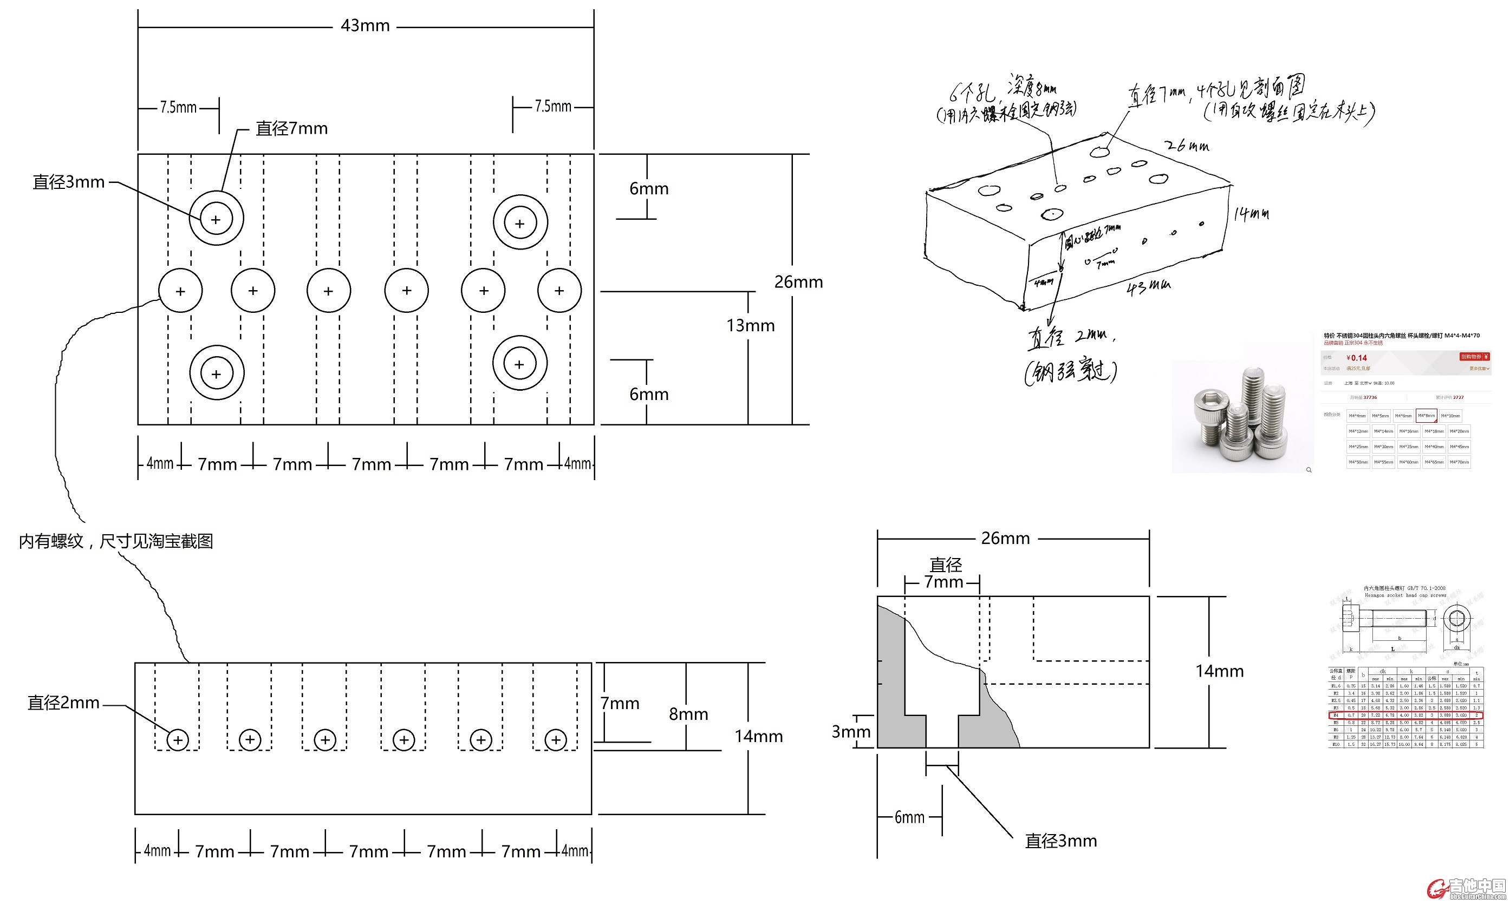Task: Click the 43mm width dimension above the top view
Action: pyautogui.click(x=365, y=26)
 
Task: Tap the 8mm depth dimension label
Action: pyautogui.click(x=688, y=714)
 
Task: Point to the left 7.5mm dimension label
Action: pyautogui.click(x=178, y=108)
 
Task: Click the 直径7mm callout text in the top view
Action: pyautogui.click(x=291, y=129)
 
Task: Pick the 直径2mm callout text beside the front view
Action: pyautogui.click(x=63, y=703)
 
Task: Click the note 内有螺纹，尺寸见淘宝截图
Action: pyautogui.click(x=116, y=541)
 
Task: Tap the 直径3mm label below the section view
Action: pyautogui.click(x=1060, y=842)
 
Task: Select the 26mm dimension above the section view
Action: pyautogui.click(x=1005, y=539)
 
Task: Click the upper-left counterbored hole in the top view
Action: pyautogui.click(x=216, y=219)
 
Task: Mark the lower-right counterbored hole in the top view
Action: pyautogui.click(x=520, y=364)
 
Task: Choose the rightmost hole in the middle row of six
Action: pyautogui.click(x=559, y=290)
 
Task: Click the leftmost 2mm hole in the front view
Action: pyautogui.click(x=178, y=740)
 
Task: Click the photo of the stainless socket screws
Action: pyautogui.click(x=1241, y=418)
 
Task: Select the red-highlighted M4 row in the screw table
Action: pyautogui.click(x=1405, y=716)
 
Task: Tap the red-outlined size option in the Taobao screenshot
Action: pyautogui.click(x=1426, y=416)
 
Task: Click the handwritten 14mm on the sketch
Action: pyautogui.click(x=1251, y=214)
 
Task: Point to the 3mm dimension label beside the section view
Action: pyautogui.click(x=850, y=732)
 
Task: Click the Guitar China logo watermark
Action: pyautogui.click(x=1467, y=889)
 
